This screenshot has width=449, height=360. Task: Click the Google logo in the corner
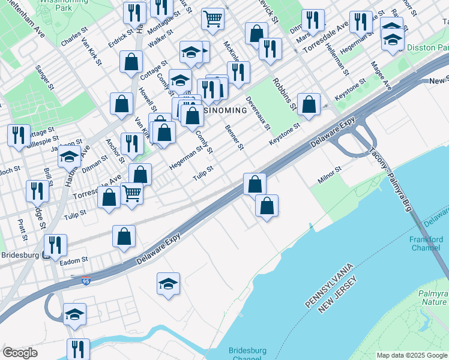pyautogui.click(x=20, y=353)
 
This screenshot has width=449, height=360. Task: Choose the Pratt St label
pyautogui.click(x=22, y=229)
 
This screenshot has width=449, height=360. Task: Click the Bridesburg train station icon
pyautogui.click(x=46, y=255)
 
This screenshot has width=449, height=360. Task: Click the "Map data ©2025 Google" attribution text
pyautogui.click(x=412, y=355)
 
